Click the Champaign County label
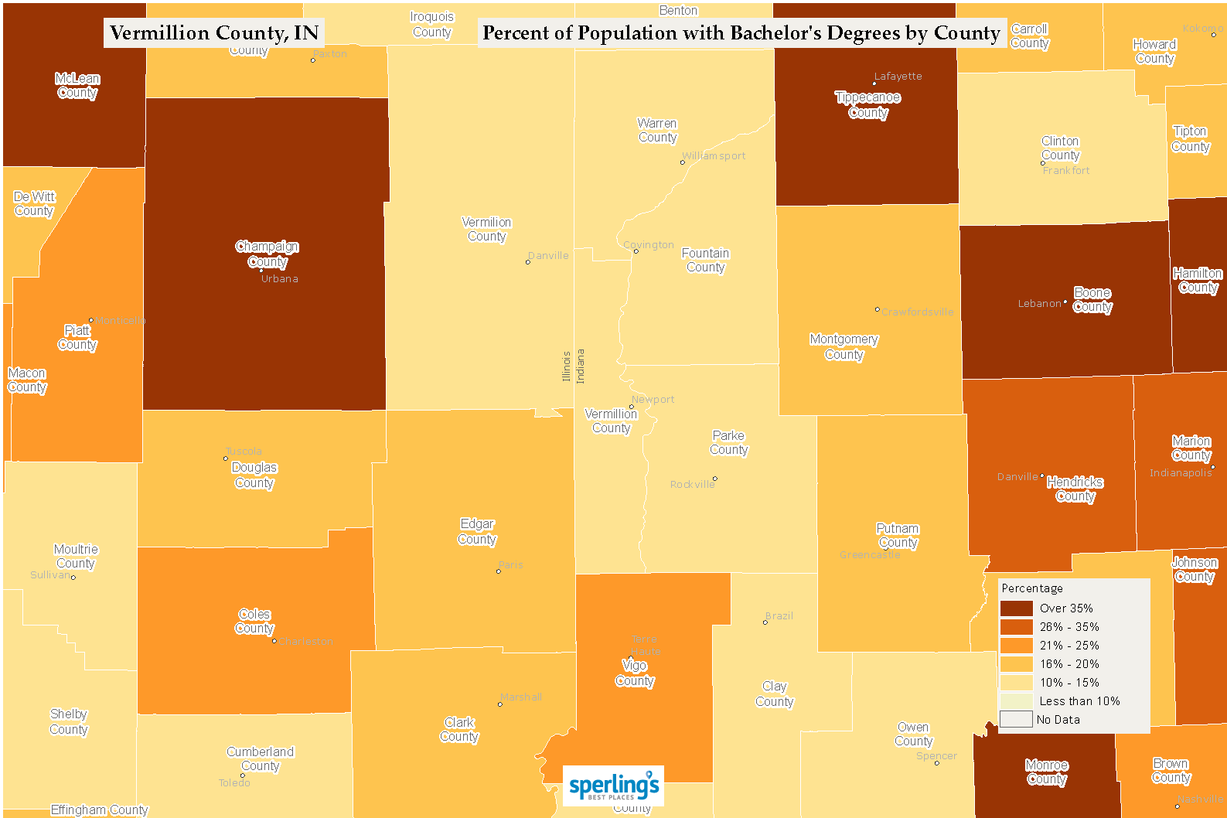coord(268,254)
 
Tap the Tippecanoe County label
coord(867,105)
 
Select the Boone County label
coord(1092,300)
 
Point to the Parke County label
coord(728,443)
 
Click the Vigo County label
coord(635,673)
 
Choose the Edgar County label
coord(477,532)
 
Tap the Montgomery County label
coord(844,347)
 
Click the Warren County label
coord(657,131)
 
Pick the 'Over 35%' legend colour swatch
coord(1016,608)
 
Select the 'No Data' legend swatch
coord(1016,720)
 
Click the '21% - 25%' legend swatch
coord(1016,646)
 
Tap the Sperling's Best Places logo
coord(613,786)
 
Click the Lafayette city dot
coord(874,84)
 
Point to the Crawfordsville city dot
coord(877,309)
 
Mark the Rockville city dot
coord(715,479)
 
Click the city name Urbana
coord(279,279)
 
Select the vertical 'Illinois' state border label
coord(566,366)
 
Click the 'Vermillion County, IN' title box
coord(214,33)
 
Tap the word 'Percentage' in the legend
coord(1032,588)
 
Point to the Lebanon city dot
coord(1065,302)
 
